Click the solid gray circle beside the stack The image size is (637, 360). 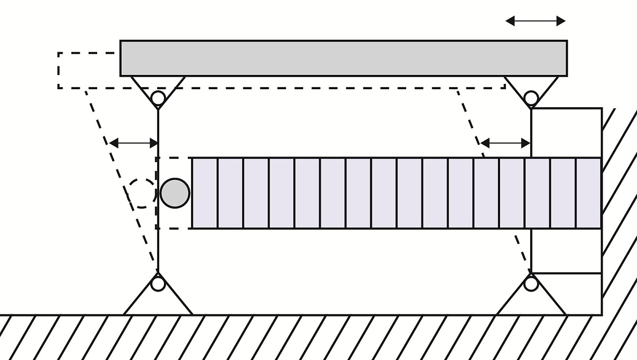pos(175,193)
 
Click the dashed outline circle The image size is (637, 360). pos(141,193)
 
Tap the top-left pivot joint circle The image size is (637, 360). pos(158,98)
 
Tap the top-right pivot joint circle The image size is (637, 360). pos(531,98)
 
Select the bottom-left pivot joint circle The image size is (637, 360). pos(158,284)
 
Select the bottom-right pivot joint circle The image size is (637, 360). pos(531,284)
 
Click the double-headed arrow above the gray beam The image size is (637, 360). pos(535,21)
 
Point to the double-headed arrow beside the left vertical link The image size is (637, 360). pos(134,143)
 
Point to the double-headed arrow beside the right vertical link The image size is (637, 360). pos(506,143)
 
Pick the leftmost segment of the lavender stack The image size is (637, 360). pos(205,193)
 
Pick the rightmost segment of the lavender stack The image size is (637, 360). pos(588,193)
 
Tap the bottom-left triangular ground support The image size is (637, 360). pos(158,303)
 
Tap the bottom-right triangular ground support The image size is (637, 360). pos(531,303)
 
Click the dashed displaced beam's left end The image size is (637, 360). pos(59,70)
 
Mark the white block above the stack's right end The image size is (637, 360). pos(566,133)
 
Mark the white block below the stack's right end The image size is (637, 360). pos(566,251)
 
